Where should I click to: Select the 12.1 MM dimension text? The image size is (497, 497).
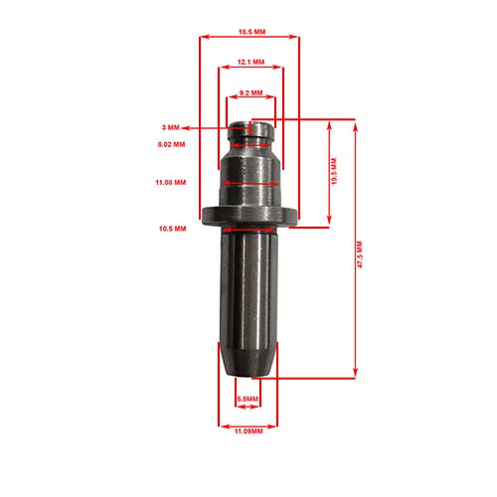(250, 62)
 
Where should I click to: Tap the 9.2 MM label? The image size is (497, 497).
(250, 92)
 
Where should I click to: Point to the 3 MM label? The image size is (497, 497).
(171, 128)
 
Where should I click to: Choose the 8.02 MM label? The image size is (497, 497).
(171, 145)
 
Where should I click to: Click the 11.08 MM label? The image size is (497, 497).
(172, 184)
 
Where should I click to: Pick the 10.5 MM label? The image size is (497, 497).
(172, 228)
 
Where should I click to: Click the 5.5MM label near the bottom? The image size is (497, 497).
(248, 400)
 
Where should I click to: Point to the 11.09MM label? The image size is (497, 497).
(248, 432)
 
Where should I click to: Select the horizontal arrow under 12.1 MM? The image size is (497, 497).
(249, 69)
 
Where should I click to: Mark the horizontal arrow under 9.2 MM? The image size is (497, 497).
(249, 99)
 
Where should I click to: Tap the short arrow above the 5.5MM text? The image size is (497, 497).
(248, 391)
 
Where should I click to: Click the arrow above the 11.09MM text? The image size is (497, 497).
(248, 423)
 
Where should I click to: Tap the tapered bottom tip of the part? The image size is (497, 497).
(248, 363)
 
